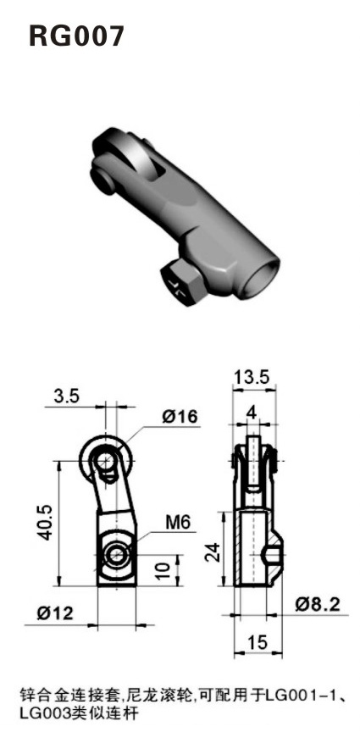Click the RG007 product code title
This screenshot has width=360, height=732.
(x=77, y=36)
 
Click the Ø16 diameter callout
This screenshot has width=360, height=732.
(x=179, y=418)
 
